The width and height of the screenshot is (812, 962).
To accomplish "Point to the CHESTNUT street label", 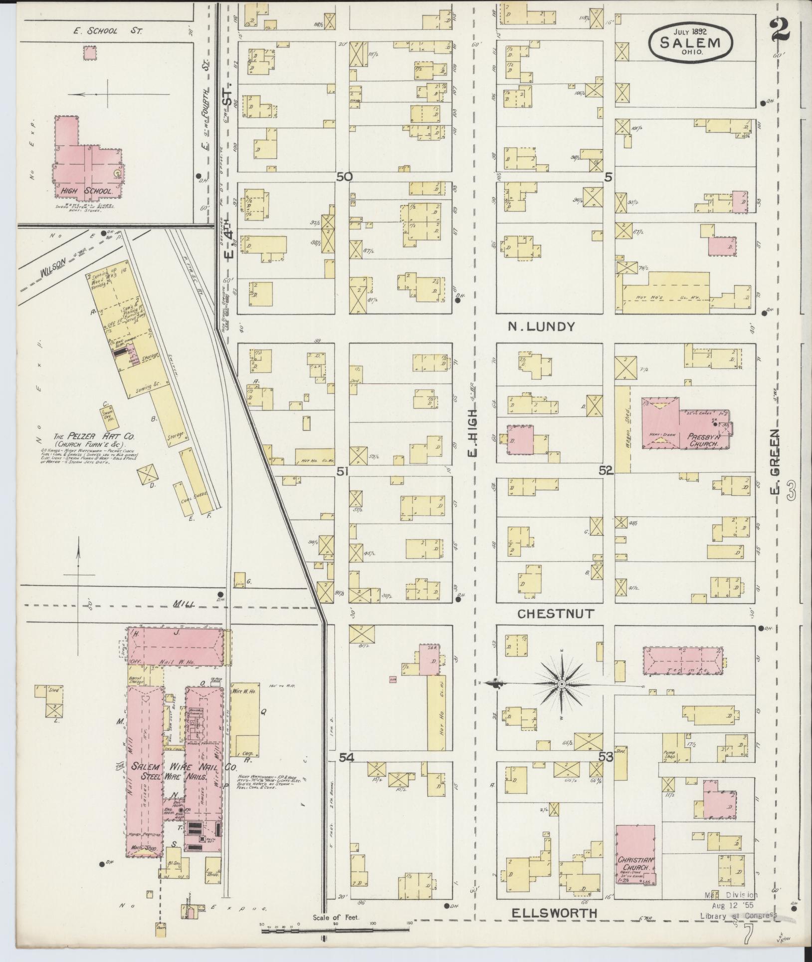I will click(x=555, y=614).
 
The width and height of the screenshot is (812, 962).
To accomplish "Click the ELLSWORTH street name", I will click(x=554, y=913).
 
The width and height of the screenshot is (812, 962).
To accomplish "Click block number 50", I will click(x=344, y=177).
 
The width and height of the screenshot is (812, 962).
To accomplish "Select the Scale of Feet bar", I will click(x=336, y=930).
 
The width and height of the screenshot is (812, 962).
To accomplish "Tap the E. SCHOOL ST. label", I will click(x=108, y=31).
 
